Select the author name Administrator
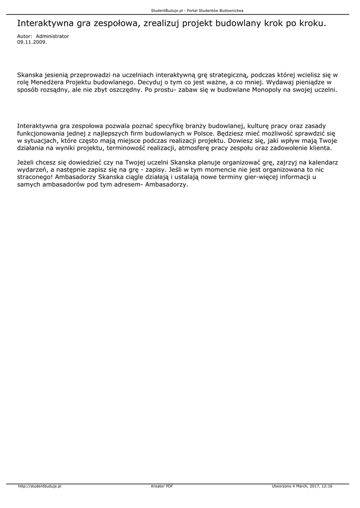53,36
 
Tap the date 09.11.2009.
32,42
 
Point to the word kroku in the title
314,23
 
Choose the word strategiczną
227,74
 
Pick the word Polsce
203,134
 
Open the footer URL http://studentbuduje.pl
39,487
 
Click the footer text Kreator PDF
162,487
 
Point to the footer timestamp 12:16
327,487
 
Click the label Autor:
25,36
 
